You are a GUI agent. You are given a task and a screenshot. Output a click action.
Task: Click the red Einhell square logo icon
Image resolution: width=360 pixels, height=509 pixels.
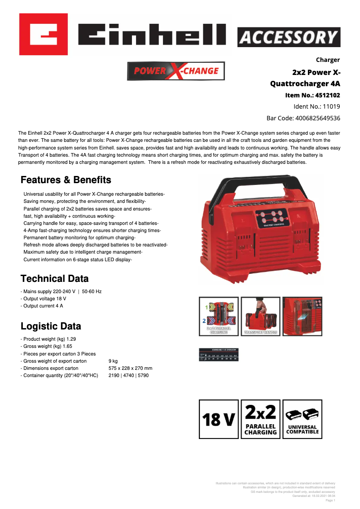pos(44,34)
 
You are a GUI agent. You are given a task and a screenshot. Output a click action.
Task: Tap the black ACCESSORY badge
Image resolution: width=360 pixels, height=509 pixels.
pos(289,37)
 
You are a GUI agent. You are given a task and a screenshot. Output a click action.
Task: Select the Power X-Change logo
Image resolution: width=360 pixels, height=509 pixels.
pos(176,71)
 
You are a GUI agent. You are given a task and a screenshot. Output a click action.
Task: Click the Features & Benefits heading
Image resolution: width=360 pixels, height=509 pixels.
pos(66,180)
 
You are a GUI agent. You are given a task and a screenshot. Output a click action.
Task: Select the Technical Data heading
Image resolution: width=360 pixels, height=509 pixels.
pos(55,278)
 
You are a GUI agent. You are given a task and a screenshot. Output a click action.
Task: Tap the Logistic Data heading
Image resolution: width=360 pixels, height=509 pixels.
pos(51,326)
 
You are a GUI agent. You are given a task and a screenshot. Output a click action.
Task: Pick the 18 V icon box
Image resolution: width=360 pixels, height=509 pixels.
pos(219,419)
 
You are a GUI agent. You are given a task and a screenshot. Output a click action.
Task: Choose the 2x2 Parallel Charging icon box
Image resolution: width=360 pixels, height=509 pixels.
pos(260,419)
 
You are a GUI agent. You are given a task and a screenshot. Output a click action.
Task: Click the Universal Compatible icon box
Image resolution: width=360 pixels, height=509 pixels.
pos(303,419)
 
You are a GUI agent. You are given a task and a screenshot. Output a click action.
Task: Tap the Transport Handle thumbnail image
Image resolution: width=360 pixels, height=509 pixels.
pos(260,316)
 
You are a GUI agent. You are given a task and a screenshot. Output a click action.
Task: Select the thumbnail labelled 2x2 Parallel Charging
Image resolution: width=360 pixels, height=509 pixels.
pos(219,316)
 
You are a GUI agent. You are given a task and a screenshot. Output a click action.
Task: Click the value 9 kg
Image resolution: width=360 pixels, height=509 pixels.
pos(113,361)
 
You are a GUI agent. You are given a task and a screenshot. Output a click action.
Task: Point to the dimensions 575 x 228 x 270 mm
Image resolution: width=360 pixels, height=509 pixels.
pos(130,368)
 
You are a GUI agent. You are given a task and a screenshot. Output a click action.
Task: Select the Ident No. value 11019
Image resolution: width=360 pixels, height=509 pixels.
pos(331,107)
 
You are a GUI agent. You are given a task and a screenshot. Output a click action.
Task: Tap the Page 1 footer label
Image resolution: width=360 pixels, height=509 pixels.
pos(330,500)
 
